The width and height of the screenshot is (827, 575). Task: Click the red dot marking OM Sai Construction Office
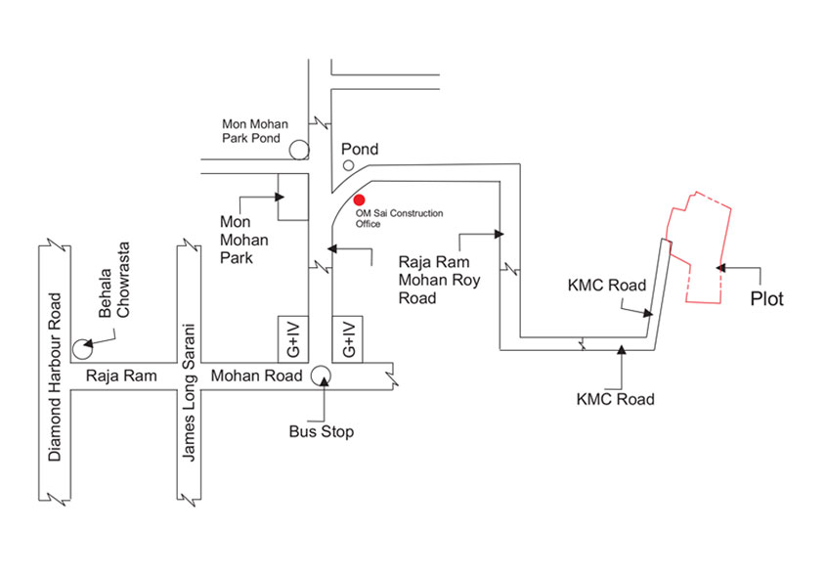(360, 200)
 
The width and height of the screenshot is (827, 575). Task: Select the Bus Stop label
(322, 431)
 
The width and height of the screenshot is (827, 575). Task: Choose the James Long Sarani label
(189, 391)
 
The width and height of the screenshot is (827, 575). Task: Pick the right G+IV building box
(347, 337)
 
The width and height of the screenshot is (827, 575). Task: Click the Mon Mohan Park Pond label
(251, 131)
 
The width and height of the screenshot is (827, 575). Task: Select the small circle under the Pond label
(348, 166)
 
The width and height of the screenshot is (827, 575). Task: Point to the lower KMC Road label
(615, 399)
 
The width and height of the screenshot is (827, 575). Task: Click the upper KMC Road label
(607, 286)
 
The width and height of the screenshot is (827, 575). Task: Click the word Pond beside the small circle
(359, 150)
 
